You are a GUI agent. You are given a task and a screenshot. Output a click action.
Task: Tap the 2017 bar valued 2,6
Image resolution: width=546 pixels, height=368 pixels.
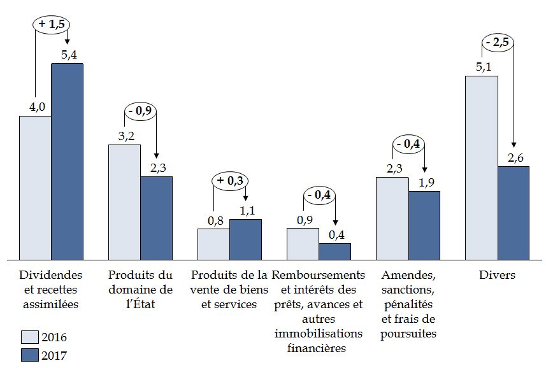(x=513, y=213)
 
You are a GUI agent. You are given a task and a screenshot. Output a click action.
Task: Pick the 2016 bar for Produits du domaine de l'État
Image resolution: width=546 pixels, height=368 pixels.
(x=124, y=202)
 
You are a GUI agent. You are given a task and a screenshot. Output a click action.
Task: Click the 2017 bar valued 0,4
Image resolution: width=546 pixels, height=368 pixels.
(x=334, y=251)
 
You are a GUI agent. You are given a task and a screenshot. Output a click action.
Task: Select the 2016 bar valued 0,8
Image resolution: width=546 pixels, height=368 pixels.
(x=213, y=244)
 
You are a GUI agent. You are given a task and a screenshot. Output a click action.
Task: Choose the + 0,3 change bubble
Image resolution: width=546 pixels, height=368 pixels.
(x=229, y=181)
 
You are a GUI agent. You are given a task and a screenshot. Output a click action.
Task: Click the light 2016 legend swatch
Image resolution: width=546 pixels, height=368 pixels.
(x=29, y=337)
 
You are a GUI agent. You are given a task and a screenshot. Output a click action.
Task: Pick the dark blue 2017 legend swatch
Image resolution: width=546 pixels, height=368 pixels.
(x=29, y=355)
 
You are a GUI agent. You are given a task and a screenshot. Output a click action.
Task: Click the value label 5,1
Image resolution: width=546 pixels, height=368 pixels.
(x=482, y=67)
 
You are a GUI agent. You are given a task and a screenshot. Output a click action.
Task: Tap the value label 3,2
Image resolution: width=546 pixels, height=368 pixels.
(x=124, y=136)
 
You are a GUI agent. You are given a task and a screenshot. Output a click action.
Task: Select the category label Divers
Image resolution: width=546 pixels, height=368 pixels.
(x=497, y=276)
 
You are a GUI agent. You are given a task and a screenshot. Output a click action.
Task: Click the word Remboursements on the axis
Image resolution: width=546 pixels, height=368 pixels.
(x=319, y=276)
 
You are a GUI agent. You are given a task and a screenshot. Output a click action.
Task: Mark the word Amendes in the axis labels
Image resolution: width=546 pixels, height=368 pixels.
(x=408, y=276)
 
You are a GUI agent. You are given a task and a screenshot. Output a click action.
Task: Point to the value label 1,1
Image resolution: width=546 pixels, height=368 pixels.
(x=247, y=210)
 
